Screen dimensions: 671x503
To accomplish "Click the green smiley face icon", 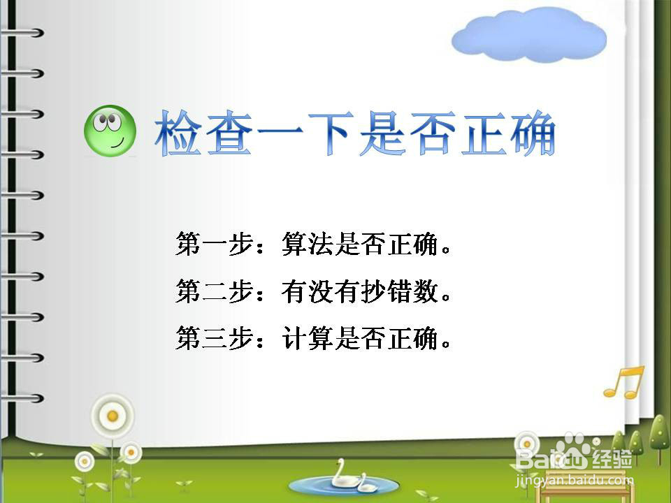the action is (x=110, y=131).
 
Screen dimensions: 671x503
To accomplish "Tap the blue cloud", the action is (x=529, y=34).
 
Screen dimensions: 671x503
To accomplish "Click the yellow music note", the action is (x=624, y=382).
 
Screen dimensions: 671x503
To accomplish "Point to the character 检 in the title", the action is (x=178, y=133).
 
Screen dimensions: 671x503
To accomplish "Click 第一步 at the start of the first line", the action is (x=214, y=244).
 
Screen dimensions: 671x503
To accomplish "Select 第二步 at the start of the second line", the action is (x=214, y=291).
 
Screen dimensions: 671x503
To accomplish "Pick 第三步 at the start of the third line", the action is (x=214, y=338).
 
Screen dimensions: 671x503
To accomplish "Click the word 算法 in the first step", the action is (x=308, y=244).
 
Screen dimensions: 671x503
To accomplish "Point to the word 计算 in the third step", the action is (x=308, y=338).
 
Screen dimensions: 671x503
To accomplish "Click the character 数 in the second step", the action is (x=426, y=291).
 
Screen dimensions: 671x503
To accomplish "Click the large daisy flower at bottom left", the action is (x=113, y=415).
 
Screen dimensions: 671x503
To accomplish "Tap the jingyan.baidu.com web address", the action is (x=574, y=481).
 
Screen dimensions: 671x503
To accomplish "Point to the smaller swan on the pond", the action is (x=366, y=483).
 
